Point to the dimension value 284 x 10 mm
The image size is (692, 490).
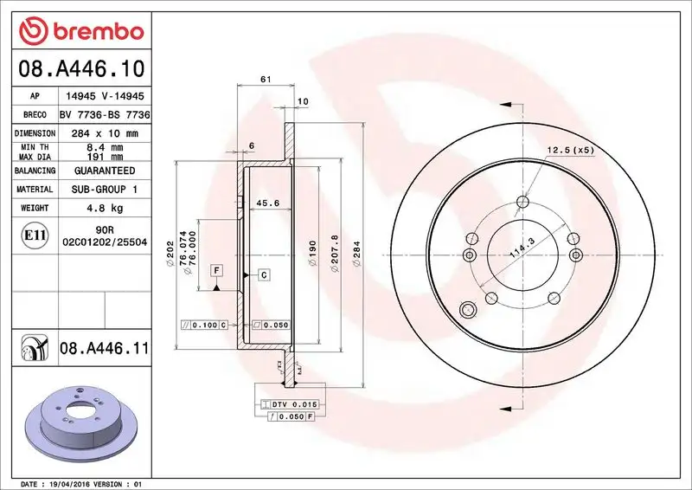pos(105,133)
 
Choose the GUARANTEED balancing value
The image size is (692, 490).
pos(105,171)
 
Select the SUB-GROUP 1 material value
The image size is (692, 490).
pos(105,189)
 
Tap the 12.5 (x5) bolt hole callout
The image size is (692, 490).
pos(571,151)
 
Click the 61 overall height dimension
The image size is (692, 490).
pos(266,80)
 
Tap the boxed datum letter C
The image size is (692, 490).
pos(263,274)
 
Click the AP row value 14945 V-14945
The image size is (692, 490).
pos(105,98)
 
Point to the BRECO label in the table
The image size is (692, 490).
pos(34,115)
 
